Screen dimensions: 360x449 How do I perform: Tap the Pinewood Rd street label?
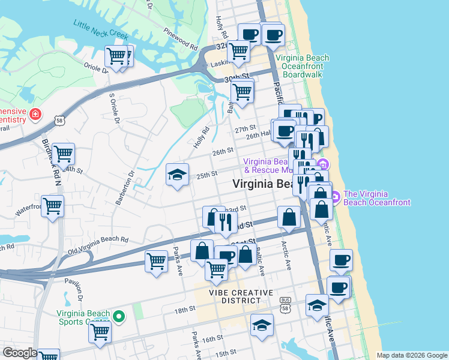[x=180, y=37]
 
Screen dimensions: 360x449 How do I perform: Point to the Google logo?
[x=19, y=353]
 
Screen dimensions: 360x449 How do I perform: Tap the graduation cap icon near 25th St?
[x=177, y=175]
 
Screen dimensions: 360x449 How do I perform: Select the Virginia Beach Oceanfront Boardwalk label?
[x=303, y=66]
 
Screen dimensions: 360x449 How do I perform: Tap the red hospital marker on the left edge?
[x=35, y=114]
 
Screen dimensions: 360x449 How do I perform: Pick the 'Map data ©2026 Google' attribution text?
[x=411, y=355]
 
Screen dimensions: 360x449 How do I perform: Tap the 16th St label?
[x=212, y=340]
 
